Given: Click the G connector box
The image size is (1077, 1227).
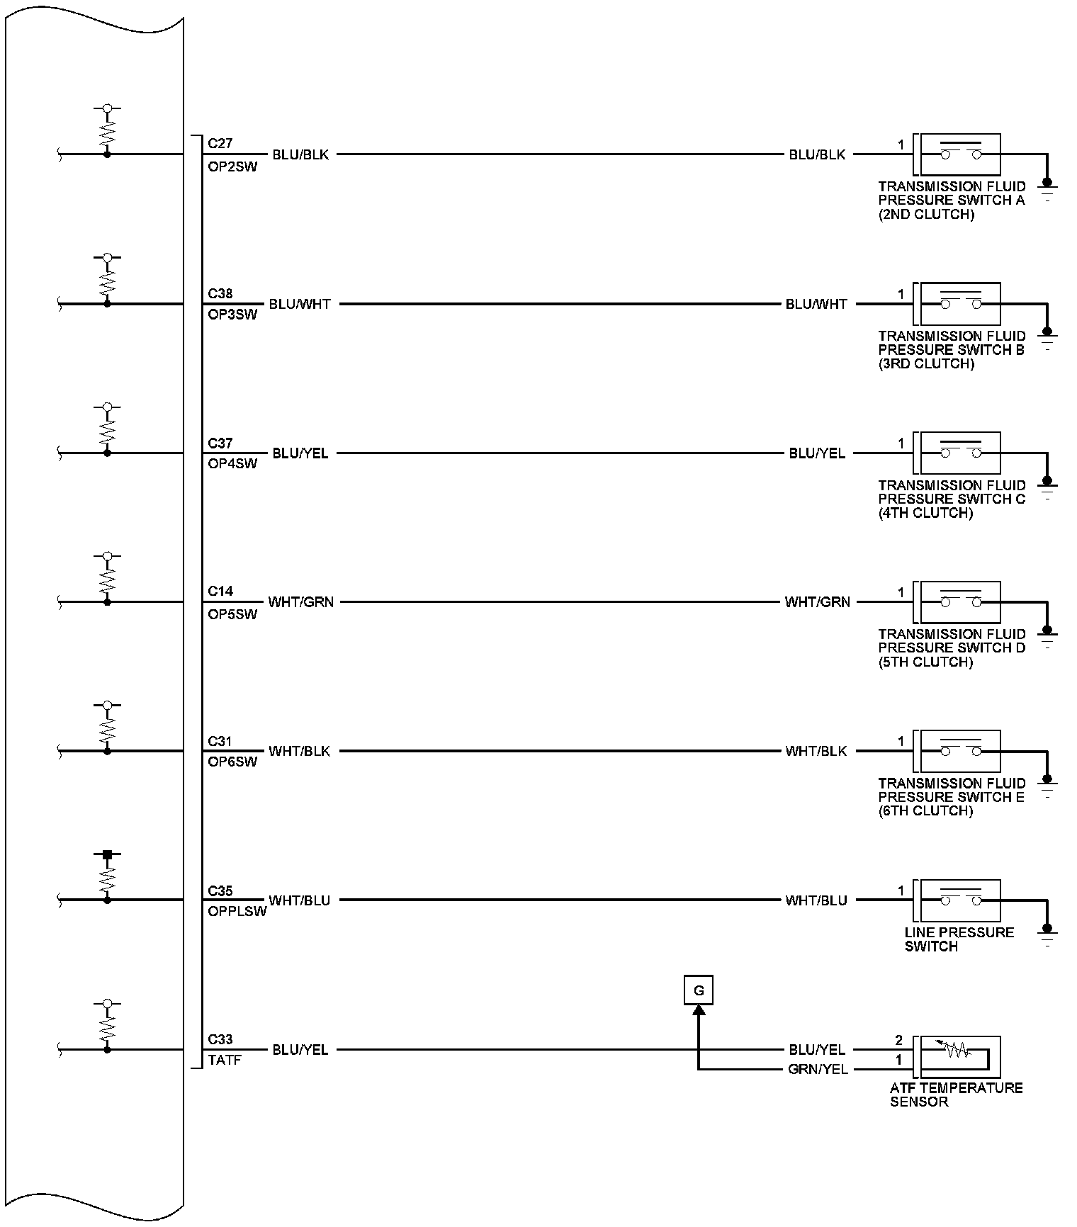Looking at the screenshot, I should pyautogui.click(x=698, y=990).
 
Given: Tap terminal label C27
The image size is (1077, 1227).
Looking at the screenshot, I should pyautogui.click(x=220, y=143).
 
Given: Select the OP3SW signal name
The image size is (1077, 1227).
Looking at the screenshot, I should pyautogui.click(x=233, y=315).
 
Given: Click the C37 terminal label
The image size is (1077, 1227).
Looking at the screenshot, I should pyautogui.click(x=220, y=443).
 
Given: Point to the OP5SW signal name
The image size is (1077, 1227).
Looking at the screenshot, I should pyautogui.click(x=233, y=614).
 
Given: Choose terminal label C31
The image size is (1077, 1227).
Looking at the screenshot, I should pyautogui.click(x=220, y=742).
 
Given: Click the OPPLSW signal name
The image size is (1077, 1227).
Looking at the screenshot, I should pyautogui.click(x=237, y=911).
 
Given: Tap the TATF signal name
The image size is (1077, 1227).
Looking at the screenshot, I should pyautogui.click(x=225, y=1061).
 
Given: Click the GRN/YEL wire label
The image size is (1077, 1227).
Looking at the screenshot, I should pyautogui.click(x=818, y=1070).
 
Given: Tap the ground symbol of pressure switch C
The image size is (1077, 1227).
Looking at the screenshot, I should pyautogui.click(x=1047, y=487).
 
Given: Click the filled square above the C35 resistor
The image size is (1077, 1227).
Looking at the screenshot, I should pyautogui.click(x=107, y=855).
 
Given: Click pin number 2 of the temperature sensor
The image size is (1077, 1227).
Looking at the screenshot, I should pyautogui.click(x=899, y=1041).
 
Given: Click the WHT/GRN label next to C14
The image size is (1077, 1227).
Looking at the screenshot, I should pyautogui.click(x=300, y=602).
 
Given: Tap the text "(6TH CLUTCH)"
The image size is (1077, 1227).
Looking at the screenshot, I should pyautogui.click(x=925, y=810).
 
